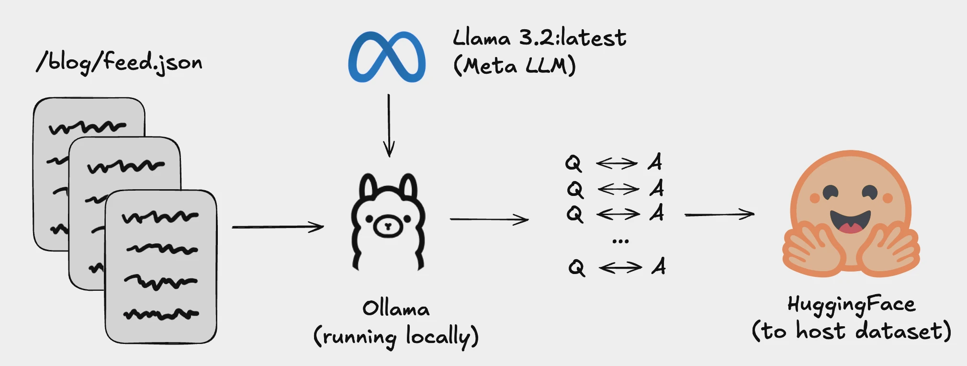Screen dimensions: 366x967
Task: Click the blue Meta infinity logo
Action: coord(387,57)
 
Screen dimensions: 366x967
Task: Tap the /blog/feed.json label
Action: coord(120,62)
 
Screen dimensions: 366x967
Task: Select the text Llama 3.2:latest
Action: coord(539,37)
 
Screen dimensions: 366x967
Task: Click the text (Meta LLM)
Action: coord(514,65)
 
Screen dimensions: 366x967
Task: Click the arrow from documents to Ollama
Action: coord(278,227)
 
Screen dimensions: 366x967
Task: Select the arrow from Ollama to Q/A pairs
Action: coord(489,219)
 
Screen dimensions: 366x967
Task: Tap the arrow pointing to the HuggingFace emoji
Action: coord(719,214)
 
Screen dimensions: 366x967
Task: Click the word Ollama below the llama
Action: coord(395,308)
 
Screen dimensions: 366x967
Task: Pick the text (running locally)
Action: coord(396,336)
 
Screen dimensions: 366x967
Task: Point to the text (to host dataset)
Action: coord(851,331)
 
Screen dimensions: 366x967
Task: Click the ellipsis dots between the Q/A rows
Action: coord(620,241)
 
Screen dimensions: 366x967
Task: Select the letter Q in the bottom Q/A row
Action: coord(577,267)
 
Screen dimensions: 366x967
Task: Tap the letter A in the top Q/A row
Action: coord(655,162)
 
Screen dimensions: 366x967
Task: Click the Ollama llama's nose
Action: coord(388,226)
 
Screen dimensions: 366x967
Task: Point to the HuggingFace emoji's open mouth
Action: coord(850,222)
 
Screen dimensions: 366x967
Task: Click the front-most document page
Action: coord(161,266)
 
